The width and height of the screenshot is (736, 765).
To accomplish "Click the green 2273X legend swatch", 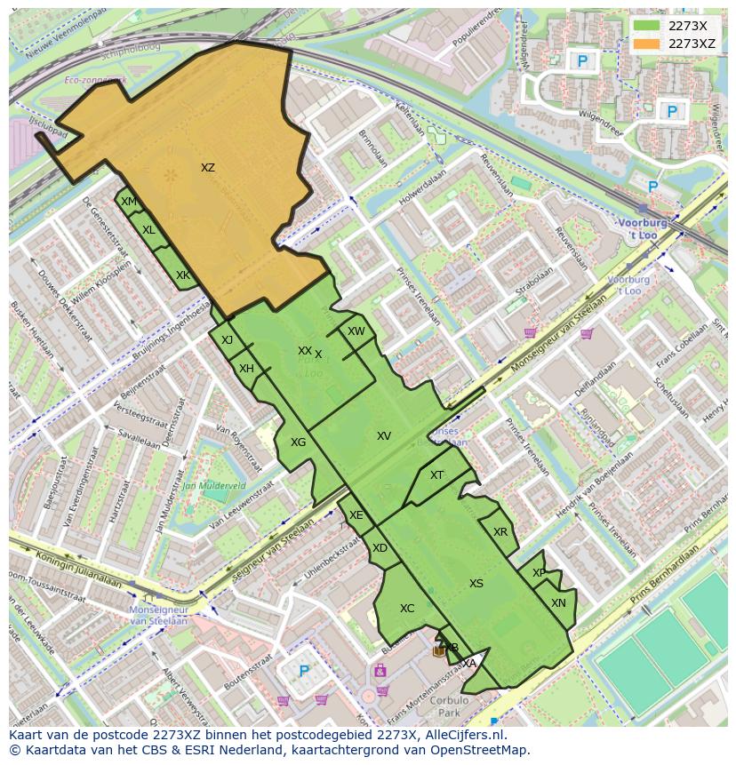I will (x=648, y=27).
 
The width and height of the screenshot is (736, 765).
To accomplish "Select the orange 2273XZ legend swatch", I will (x=648, y=44).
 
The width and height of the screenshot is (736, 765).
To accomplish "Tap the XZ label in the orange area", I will (x=207, y=168).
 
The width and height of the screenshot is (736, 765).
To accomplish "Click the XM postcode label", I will (x=129, y=202).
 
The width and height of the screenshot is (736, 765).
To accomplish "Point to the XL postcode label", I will (x=148, y=230).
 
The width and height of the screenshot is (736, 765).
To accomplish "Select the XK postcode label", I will (x=182, y=275).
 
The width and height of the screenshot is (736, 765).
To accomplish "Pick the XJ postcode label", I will (x=227, y=340).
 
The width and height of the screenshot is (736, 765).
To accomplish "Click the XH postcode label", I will (x=246, y=369).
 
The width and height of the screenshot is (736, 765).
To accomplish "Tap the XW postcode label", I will (x=356, y=331).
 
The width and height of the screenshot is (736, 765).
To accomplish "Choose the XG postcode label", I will (x=298, y=442).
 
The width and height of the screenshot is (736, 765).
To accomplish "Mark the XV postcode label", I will (x=384, y=436).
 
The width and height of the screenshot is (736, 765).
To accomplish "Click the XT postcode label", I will (x=436, y=475).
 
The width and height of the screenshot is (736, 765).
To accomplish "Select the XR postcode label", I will (x=500, y=532).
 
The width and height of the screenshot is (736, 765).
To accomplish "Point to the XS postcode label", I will (x=476, y=584).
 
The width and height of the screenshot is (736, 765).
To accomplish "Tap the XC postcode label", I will (x=407, y=609).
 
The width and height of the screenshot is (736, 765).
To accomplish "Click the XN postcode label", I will (x=558, y=603).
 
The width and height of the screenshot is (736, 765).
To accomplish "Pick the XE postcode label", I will (x=356, y=515).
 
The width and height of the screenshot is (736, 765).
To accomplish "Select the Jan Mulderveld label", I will (x=213, y=486).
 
